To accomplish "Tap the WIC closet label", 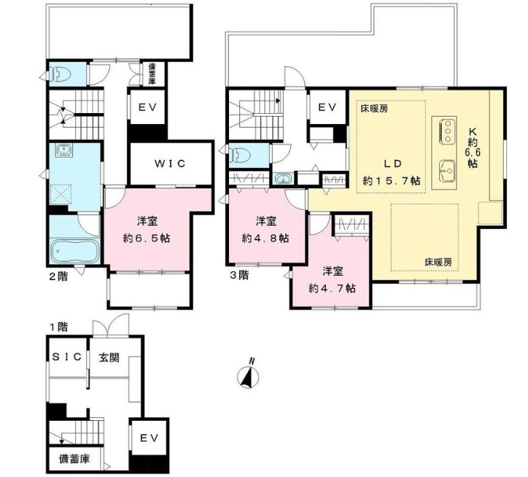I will point(170,163).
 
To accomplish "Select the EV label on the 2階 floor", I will point(148,106).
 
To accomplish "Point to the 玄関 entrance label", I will point(109,357).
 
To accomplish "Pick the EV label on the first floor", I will point(148,438).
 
